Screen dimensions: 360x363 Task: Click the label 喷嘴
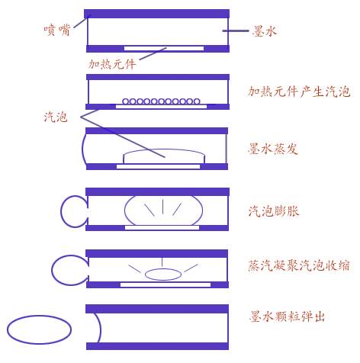56,30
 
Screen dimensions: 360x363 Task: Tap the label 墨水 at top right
265,31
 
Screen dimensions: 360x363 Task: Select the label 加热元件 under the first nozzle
112,64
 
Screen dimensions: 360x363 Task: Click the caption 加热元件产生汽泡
299,92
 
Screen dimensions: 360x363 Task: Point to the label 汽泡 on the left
56,117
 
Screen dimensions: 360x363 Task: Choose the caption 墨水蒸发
273,149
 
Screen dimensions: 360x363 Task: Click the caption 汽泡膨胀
274,211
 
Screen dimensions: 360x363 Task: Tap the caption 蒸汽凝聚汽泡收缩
299,265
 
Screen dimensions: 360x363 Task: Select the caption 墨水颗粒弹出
288,316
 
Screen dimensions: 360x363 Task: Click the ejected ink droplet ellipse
39,316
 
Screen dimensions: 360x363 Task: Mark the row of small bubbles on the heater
161,101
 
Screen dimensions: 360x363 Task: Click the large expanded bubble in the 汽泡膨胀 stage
124,210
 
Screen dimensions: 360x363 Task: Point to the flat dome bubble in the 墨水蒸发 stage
164,149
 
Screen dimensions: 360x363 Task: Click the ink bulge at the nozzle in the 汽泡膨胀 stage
61,211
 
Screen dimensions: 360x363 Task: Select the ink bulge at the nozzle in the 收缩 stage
52,270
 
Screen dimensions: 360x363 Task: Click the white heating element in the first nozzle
164,49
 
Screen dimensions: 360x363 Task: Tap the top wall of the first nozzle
157,14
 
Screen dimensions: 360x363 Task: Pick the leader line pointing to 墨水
236,31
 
